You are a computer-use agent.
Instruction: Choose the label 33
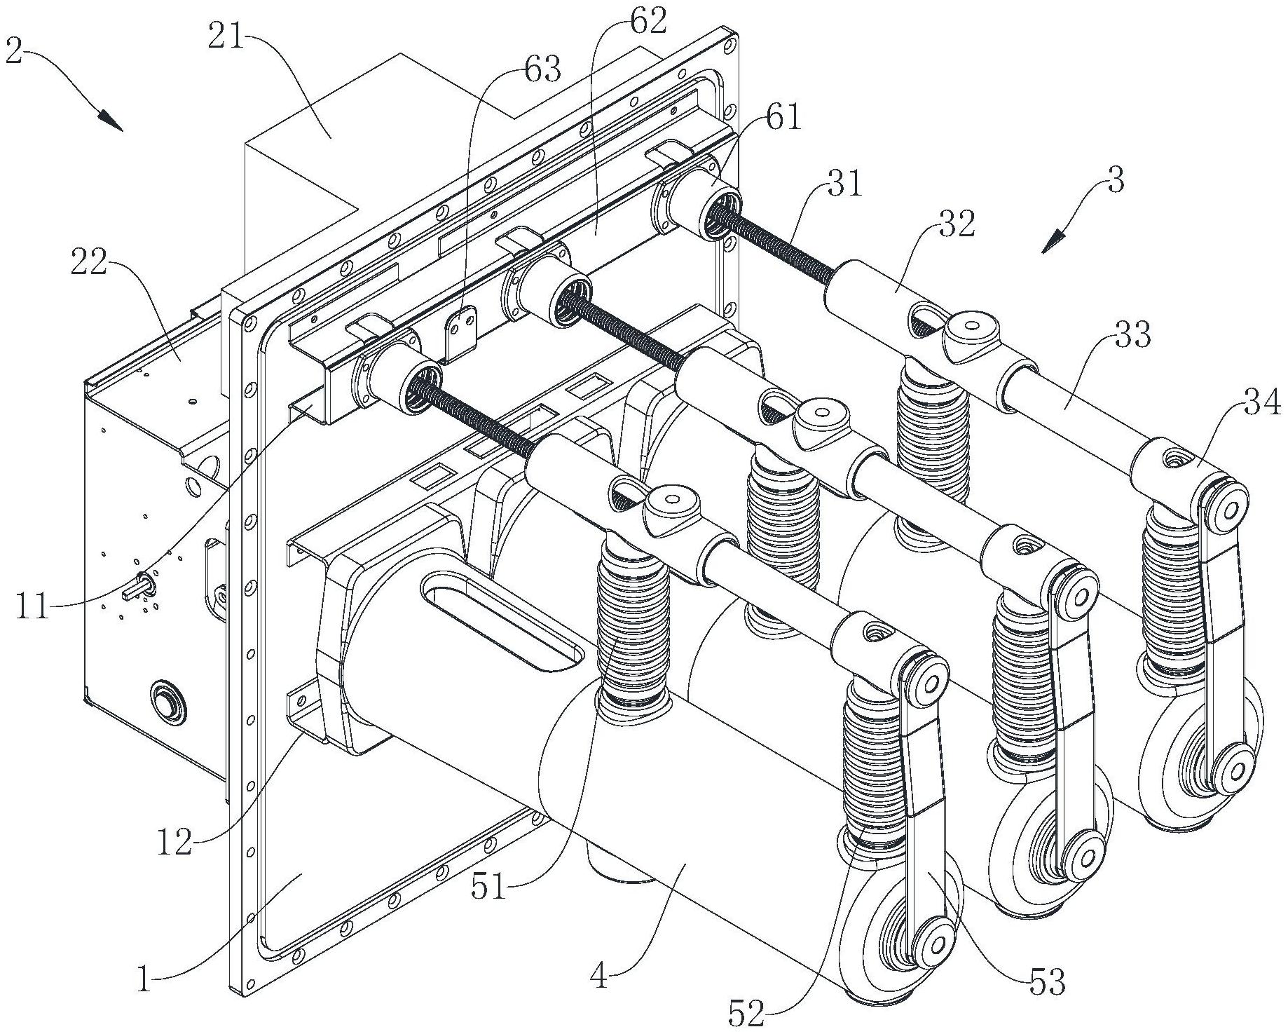click(1132, 336)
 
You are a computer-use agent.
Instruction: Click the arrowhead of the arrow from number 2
click(114, 123)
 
